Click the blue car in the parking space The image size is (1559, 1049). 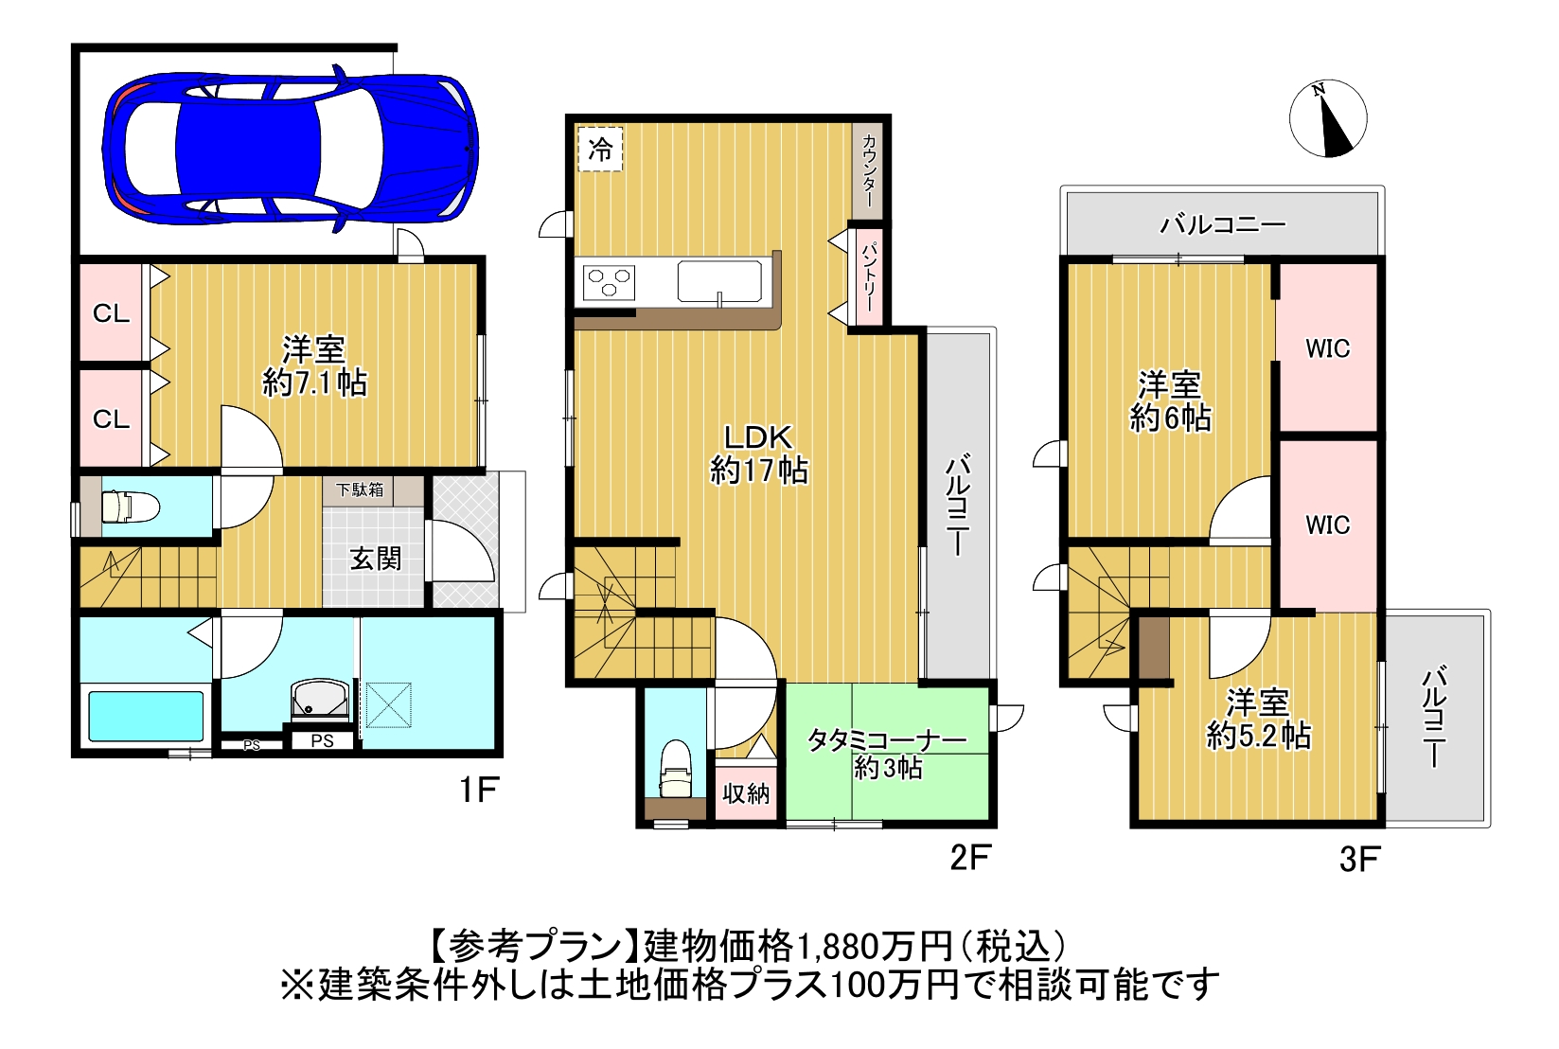(291, 149)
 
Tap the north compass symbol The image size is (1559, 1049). (1328, 118)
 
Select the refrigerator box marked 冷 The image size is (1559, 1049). (600, 149)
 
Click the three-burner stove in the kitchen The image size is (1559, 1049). (609, 282)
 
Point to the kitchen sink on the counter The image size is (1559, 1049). (719, 282)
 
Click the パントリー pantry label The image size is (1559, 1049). (869, 277)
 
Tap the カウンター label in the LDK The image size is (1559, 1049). (869, 169)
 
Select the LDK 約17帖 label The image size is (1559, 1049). (758, 453)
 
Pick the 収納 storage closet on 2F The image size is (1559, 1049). (746, 792)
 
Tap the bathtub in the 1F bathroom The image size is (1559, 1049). (146, 717)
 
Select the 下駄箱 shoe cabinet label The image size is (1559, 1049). (361, 490)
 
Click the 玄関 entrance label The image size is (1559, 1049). (375, 559)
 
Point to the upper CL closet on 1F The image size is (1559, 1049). (112, 312)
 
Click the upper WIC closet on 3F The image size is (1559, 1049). (1328, 348)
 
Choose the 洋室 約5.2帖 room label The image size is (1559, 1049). (1258, 719)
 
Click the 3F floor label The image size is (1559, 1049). (1358, 860)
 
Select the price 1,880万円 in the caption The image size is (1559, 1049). (873, 947)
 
